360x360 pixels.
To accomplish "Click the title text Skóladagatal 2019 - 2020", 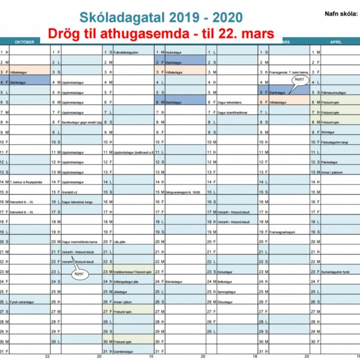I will pyautogui.click(x=161, y=17).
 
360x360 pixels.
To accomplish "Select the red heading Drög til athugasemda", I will pyautogui.click(x=161, y=33).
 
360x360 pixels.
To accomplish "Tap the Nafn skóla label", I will pyautogui.click(x=341, y=14).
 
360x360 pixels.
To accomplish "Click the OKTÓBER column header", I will pyautogui.click(x=25, y=42).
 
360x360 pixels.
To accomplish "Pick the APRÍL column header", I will pyautogui.click(x=335, y=42).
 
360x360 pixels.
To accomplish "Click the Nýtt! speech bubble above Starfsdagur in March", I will pyautogui.click(x=299, y=80).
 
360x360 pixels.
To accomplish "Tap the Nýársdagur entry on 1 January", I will pyautogui.click(x=174, y=52).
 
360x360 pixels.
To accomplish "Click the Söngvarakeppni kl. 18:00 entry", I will pyautogui.click(x=183, y=192).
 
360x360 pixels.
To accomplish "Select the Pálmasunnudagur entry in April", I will pyautogui.click(x=333, y=93).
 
